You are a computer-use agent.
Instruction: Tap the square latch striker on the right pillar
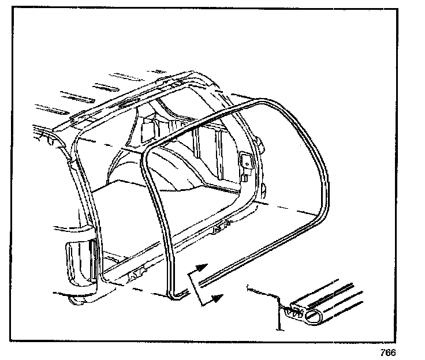click(246, 163)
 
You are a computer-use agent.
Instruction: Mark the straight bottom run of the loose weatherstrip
click(254, 257)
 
